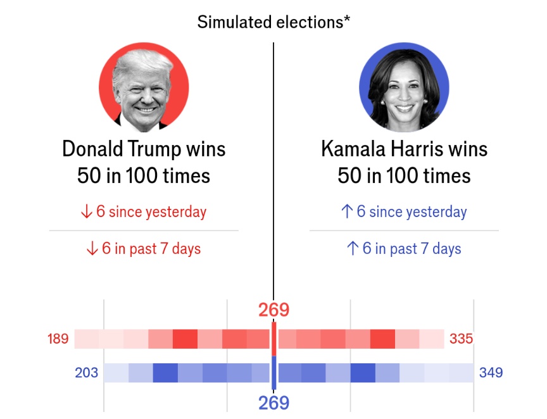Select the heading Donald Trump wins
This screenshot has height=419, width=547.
pyautogui.click(x=144, y=149)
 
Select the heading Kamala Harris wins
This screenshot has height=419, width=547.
pyautogui.click(x=404, y=149)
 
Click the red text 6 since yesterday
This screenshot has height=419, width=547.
pyautogui.click(x=151, y=211)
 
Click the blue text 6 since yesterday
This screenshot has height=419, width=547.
pyautogui.click(x=412, y=211)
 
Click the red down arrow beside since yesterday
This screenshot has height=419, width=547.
pyautogui.click(x=87, y=211)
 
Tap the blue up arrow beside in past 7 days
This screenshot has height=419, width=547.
pyautogui.click(x=353, y=249)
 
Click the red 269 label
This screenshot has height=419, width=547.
pyautogui.click(x=273, y=310)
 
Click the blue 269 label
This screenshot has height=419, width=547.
pyautogui.click(x=273, y=403)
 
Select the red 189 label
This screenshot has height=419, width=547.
pyautogui.click(x=58, y=339)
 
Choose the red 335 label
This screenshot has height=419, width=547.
pyautogui.click(x=461, y=339)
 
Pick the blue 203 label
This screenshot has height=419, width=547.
pyautogui.click(x=87, y=372)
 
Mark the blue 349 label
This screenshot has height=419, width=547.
pyautogui.click(x=491, y=372)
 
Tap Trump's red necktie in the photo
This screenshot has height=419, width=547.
pyautogui.click(x=145, y=128)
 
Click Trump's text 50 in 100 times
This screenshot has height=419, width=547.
pyautogui.click(x=144, y=175)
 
